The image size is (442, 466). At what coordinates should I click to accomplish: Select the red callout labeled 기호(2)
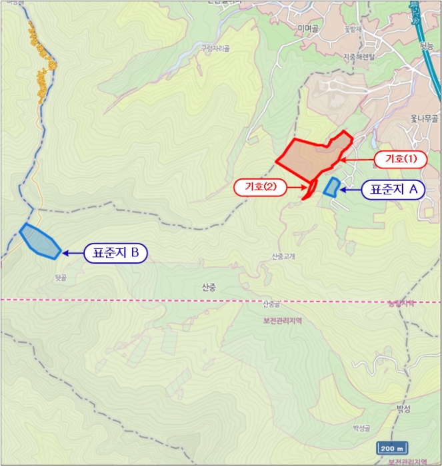pyautogui.click(x=260, y=188)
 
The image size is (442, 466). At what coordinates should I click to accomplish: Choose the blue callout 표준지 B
pyautogui.click(x=115, y=252)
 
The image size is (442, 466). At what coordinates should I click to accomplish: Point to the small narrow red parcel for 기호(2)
pyautogui.click(x=310, y=190)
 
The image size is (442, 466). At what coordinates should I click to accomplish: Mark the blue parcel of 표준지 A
pyautogui.click(x=331, y=186)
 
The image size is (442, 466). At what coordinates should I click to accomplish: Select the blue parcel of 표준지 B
pyautogui.click(x=41, y=241)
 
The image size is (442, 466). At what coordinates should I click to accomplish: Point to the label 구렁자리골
pyautogui.click(x=215, y=48)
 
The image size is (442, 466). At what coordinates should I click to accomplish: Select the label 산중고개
pyautogui.click(x=283, y=256)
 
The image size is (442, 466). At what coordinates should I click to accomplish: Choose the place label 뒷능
pyautogui.click(x=427, y=45)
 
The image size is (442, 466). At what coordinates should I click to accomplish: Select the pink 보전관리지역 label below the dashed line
pyautogui.click(x=278, y=320)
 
